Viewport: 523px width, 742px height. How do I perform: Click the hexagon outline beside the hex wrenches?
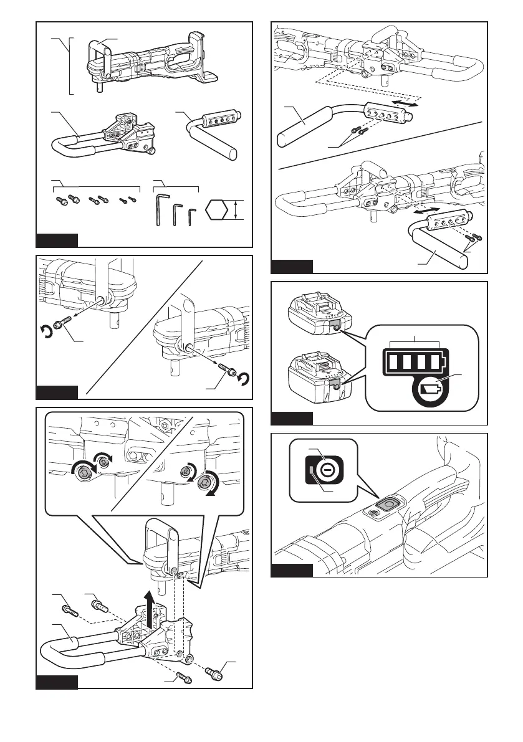tap(218, 209)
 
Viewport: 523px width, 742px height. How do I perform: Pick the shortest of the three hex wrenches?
tap(192, 215)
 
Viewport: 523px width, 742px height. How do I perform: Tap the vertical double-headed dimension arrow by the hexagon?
tap(236, 209)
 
